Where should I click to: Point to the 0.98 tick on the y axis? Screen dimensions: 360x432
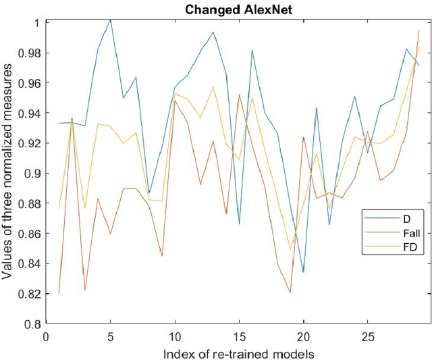coord(30,53)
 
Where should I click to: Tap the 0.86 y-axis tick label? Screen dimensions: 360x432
coord(30,234)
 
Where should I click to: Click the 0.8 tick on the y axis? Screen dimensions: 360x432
coord(32,324)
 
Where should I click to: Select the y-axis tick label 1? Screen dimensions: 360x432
coord(38,22)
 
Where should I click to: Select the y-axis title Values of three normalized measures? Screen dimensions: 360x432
coord(9,173)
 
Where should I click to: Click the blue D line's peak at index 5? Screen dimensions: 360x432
coord(111,20)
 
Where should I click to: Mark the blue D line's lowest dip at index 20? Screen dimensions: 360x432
coord(304,272)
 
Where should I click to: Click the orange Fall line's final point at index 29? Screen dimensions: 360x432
coord(419,30)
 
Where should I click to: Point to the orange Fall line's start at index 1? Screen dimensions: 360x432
coord(59,294)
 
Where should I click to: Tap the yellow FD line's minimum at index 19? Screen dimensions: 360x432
coord(291,250)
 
